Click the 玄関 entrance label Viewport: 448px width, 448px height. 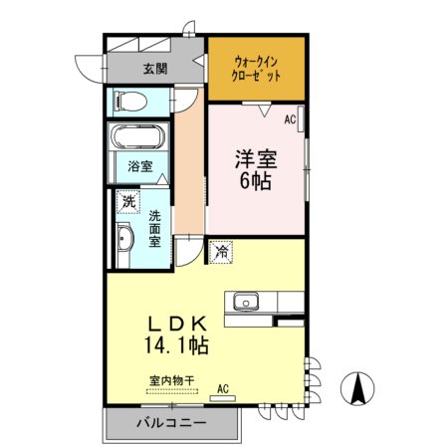tap(154, 69)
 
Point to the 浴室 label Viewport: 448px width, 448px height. tap(139, 166)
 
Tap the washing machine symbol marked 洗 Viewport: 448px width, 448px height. tap(127, 202)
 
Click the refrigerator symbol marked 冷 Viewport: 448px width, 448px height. tap(220, 253)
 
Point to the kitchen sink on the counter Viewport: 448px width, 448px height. tap(244, 302)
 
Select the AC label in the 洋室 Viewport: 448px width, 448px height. tap(291, 119)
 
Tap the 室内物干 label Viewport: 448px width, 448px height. tap(171, 379)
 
